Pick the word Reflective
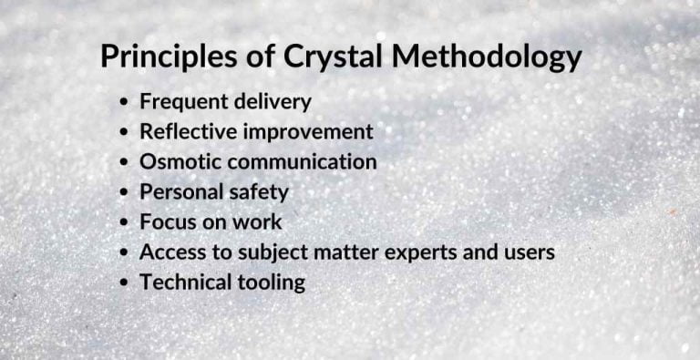click(x=189, y=131)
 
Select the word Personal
click(x=180, y=191)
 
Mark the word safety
click(x=257, y=191)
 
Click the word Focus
click(x=166, y=221)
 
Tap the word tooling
click(x=271, y=283)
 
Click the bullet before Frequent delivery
click(x=125, y=102)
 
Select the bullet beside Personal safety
click(x=125, y=192)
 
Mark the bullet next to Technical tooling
click(x=125, y=283)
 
